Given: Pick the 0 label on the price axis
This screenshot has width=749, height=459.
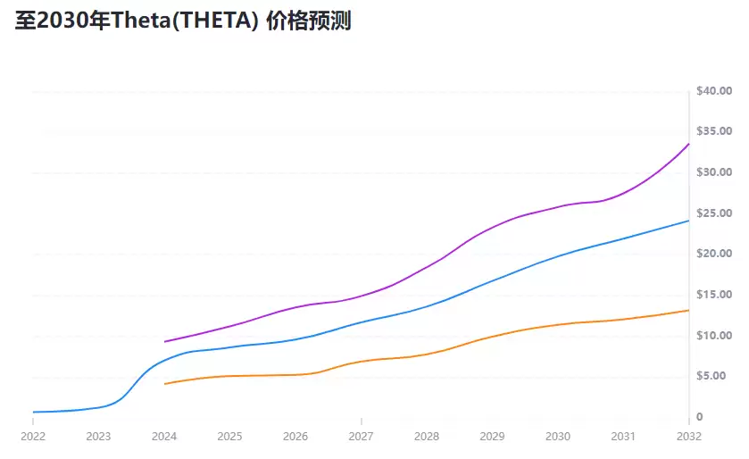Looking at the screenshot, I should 700,417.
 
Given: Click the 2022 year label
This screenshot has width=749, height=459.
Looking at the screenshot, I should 33,437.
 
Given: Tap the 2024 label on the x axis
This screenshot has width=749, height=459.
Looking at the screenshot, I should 164,437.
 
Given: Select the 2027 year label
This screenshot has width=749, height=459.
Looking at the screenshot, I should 361,437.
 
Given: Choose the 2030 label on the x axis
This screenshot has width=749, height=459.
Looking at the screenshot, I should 558,437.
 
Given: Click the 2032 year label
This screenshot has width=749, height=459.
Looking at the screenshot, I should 688,437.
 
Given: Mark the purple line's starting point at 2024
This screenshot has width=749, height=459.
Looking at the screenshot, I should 164,341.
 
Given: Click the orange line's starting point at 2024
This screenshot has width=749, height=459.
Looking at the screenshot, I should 164,384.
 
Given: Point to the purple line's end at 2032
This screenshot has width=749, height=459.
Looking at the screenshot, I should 688,144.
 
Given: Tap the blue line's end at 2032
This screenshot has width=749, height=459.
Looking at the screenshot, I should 688,220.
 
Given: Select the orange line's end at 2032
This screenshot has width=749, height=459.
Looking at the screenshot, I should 688,310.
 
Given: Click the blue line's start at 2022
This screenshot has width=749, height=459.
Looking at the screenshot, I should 33,412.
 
